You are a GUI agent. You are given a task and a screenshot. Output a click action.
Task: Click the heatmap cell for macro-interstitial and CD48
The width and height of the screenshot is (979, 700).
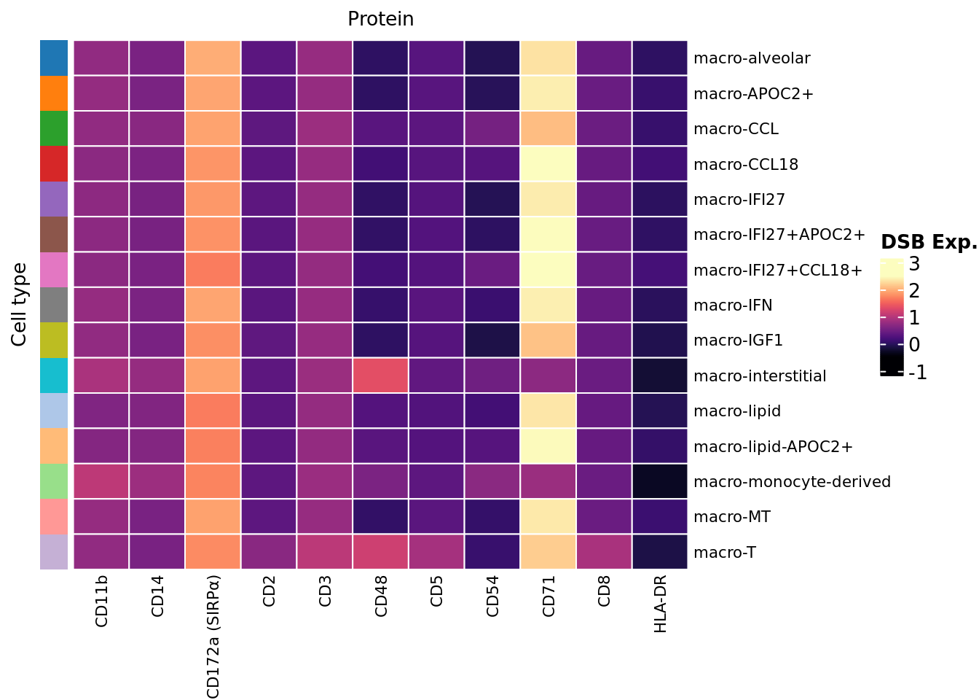click(x=381, y=376)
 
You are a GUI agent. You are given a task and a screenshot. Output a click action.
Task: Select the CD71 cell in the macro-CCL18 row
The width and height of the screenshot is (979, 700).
click(x=549, y=164)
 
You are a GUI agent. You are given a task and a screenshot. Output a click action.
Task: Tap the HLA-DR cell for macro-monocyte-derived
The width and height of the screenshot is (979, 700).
click(x=660, y=481)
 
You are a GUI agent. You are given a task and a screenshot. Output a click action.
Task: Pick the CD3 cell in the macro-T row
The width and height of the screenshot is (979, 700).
click(x=325, y=552)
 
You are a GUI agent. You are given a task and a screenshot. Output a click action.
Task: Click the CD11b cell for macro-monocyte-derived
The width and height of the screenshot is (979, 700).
click(x=101, y=481)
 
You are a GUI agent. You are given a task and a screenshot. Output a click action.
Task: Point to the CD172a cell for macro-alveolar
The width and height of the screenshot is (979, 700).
click(x=213, y=58)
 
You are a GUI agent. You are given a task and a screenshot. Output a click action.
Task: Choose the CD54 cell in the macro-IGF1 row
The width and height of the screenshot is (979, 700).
click(x=492, y=341)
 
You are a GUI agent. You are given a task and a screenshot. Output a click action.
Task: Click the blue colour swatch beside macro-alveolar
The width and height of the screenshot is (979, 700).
click(x=54, y=58)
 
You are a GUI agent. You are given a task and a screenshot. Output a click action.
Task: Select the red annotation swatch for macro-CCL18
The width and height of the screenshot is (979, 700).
click(x=54, y=164)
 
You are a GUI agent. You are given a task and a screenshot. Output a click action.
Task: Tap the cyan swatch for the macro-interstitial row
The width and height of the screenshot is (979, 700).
click(x=54, y=376)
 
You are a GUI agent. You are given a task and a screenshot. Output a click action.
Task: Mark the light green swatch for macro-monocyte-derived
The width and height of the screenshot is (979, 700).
click(x=54, y=481)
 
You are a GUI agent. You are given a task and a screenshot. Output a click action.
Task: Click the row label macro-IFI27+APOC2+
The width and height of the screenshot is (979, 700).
click(x=779, y=235)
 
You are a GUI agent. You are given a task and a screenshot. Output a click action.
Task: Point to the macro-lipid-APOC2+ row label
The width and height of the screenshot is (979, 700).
click(x=773, y=446)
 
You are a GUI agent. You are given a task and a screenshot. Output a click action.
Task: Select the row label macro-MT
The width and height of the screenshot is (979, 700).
click(x=732, y=517)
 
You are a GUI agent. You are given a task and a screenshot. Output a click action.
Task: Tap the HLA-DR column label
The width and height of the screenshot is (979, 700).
click(x=660, y=603)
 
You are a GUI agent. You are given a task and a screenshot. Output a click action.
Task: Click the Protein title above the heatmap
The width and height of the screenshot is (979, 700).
click(x=380, y=19)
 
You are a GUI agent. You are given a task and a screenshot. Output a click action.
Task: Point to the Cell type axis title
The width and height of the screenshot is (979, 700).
click(x=20, y=305)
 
